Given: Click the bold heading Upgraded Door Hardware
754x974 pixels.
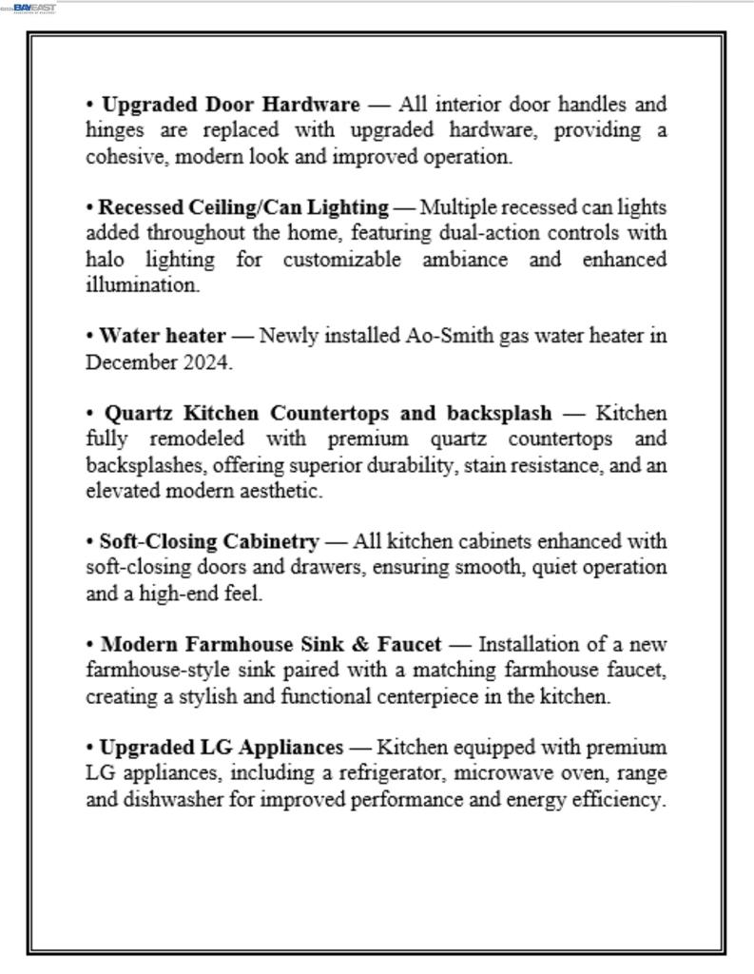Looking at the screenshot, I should click(230, 104).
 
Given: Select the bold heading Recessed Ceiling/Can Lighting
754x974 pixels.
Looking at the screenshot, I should click(243, 207).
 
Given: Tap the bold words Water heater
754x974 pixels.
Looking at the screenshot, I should click(163, 336).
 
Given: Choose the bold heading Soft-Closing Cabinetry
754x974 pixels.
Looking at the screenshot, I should click(209, 541).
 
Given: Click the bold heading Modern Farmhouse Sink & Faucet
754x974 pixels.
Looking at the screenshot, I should click(271, 644).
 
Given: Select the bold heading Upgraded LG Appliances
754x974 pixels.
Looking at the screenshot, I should click(222, 748).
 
